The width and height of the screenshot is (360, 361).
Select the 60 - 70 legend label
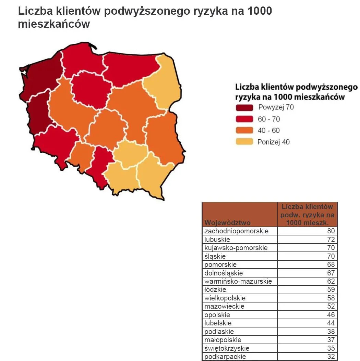click(x=269, y=119)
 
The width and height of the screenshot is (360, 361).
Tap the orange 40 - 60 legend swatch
click(x=244, y=130)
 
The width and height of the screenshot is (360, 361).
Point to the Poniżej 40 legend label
click(x=273, y=142)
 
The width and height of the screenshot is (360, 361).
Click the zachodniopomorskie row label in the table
click(x=236, y=231)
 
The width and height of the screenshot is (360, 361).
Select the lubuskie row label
click(x=217, y=240)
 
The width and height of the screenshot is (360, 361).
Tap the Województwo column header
click(x=227, y=223)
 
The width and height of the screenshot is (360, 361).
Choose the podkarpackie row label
click(x=225, y=357)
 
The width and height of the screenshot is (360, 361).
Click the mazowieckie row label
click(x=224, y=306)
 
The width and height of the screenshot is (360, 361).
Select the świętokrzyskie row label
click(x=227, y=348)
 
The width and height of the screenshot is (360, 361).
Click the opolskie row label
click(x=217, y=315)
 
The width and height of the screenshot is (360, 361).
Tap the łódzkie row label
click(x=215, y=290)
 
